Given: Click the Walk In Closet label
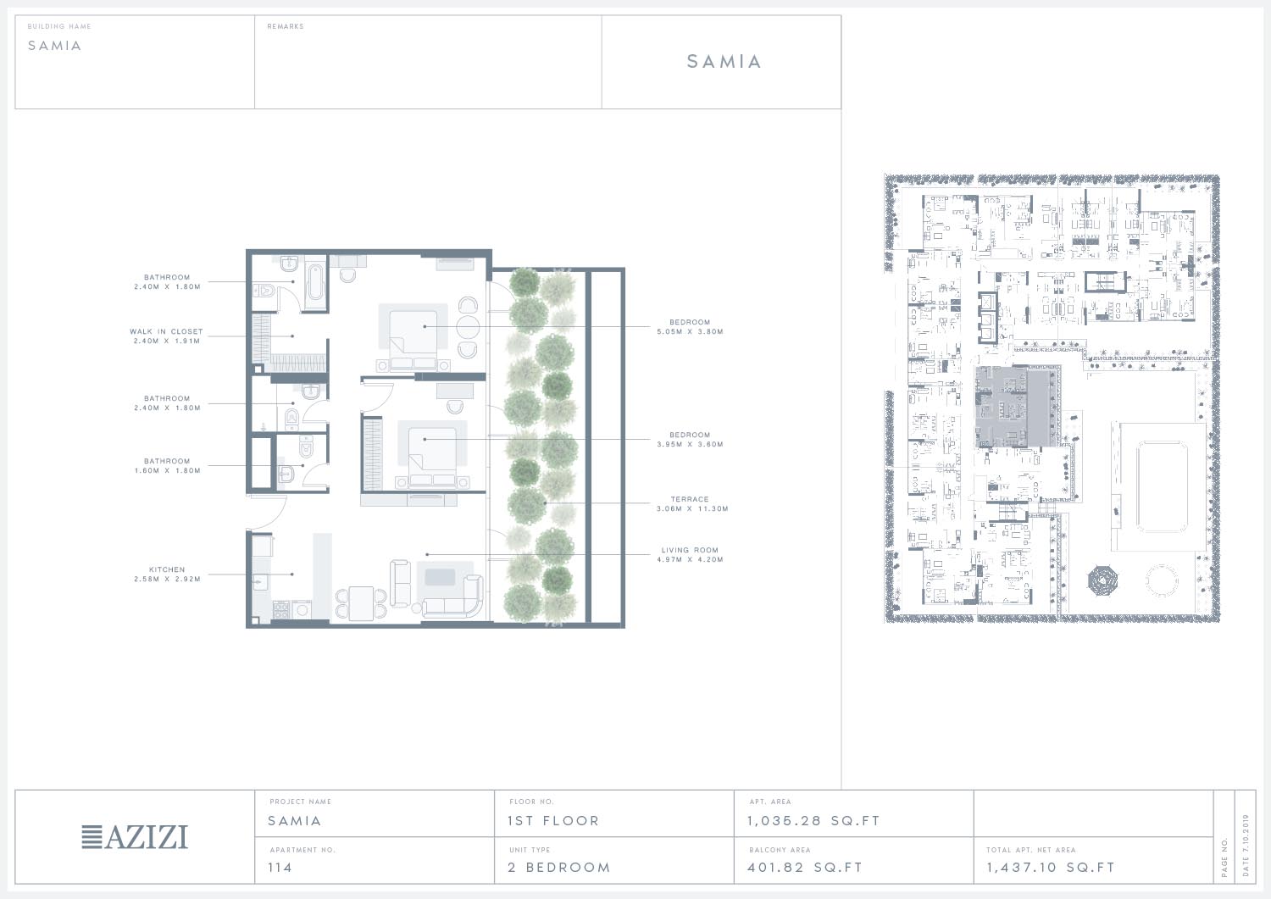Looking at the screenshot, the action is coord(166,331).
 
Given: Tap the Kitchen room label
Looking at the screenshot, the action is coord(167,569).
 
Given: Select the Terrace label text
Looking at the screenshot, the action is coord(690,499).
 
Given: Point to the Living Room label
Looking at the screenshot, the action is coord(690,550).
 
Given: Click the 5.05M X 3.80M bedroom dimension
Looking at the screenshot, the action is coord(690,332).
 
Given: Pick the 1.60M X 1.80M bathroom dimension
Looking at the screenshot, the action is coord(168,470).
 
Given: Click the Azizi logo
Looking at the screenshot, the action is coord(135,836).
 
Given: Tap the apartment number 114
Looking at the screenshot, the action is coord(280,867).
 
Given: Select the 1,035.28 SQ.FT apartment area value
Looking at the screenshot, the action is coord(813,821).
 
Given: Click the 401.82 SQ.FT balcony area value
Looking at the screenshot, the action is coord(805,867).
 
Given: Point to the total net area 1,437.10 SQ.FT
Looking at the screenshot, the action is coord(1051,867).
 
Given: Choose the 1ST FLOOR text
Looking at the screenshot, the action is coord(553,821).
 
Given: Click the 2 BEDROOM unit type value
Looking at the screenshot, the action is coord(559,867).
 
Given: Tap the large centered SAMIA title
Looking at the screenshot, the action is coord(724,61).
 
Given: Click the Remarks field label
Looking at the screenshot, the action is coord(286,26).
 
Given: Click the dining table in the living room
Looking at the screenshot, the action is coord(362,603).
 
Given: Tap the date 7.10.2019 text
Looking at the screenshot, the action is coord(1246,846).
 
